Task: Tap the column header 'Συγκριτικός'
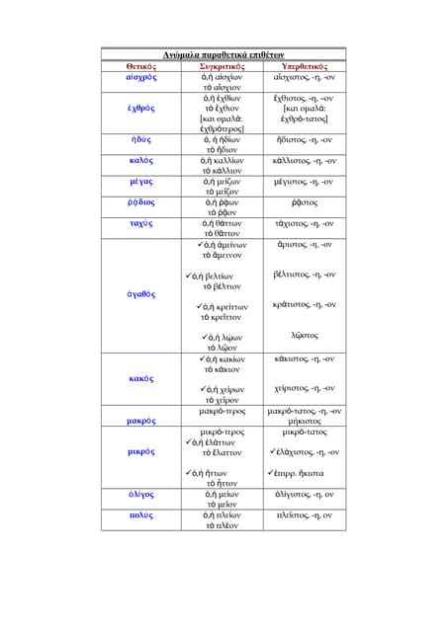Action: [x=223, y=64]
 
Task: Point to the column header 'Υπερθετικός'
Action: [x=306, y=64]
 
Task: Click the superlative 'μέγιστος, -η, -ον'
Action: [x=306, y=182]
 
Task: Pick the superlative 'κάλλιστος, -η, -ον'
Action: [x=306, y=160]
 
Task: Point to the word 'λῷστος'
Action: [x=306, y=336]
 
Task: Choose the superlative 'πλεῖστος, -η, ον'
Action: [x=306, y=514]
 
